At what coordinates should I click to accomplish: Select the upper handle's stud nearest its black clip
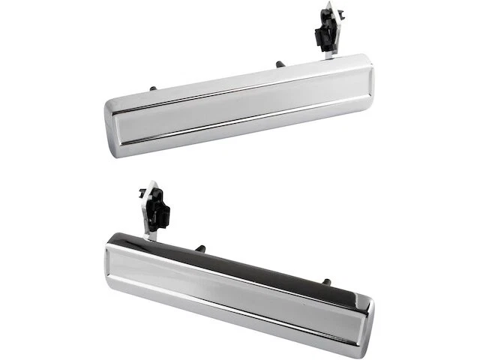(x=279, y=65)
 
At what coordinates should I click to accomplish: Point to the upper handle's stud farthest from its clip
(x=153, y=89)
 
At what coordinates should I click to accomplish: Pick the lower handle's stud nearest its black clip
(x=200, y=247)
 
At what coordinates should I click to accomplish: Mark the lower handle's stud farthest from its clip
(x=326, y=282)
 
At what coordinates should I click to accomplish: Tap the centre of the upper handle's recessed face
(x=240, y=106)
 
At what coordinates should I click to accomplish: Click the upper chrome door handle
(x=240, y=105)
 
